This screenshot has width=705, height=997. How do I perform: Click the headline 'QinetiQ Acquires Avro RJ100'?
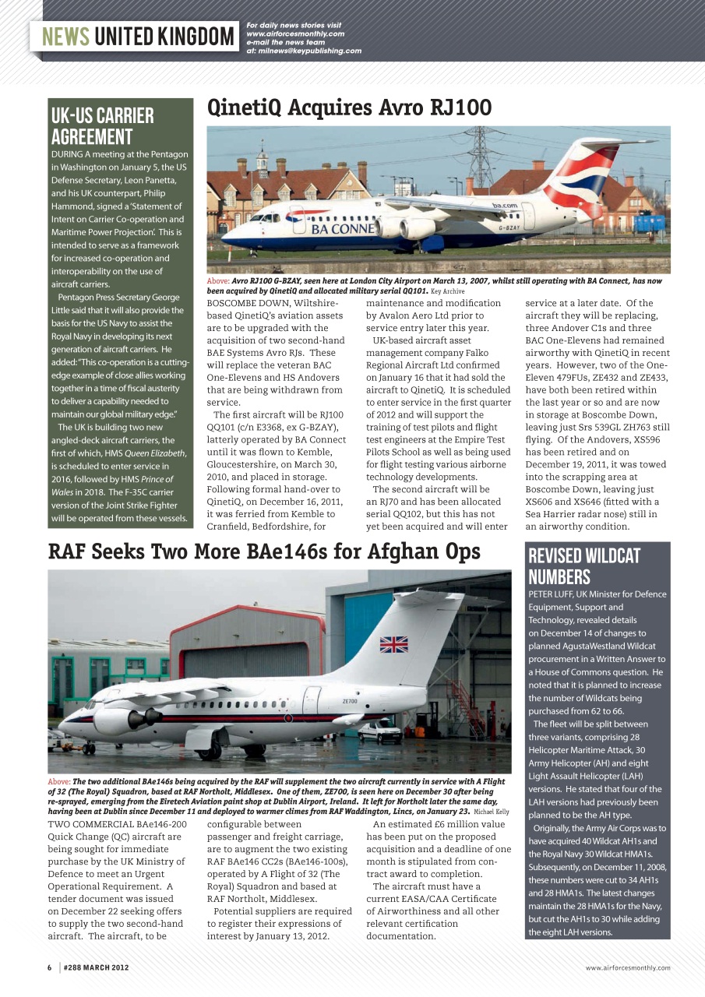(x=350, y=107)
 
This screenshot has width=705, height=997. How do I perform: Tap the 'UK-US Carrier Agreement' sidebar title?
(x=103, y=126)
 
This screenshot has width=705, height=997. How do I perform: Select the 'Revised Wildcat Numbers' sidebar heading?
(x=584, y=565)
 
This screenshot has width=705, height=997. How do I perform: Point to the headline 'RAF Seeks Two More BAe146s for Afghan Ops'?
(x=264, y=552)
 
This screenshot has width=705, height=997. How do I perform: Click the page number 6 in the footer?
(x=49, y=968)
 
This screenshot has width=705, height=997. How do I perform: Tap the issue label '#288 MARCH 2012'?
(x=96, y=968)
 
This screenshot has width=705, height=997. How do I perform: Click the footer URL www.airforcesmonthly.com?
(x=627, y=968)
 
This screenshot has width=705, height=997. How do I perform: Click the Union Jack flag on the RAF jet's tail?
(x=393, y=644)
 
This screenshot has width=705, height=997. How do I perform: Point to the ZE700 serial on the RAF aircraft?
(x=350, y=701)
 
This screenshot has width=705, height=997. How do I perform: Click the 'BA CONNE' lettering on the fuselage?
(x=343, y=230)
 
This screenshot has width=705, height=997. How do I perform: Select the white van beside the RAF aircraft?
(x=379, y=731)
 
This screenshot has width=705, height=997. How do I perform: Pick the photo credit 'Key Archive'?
(x=448, y=291)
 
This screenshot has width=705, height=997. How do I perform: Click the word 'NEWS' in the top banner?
(x=65, y=37)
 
